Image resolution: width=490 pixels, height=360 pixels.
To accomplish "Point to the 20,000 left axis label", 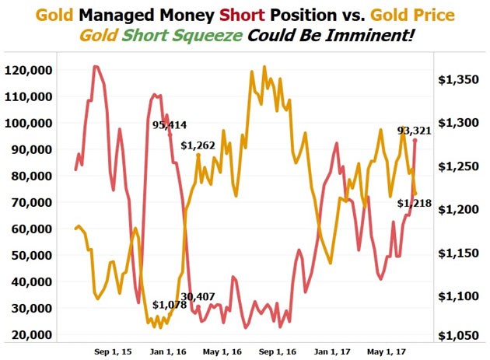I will [x=33, y=334].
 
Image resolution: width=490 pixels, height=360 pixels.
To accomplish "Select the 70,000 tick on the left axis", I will [x=33, y=202].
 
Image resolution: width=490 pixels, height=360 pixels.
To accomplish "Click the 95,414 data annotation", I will [x=169, y=125].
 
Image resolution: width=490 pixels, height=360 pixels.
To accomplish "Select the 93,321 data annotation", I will [x=414, y=131].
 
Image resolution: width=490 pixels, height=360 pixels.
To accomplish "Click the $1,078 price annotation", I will [x=169, y=304].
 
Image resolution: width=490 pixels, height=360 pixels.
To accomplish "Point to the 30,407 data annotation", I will [x=198, y=296].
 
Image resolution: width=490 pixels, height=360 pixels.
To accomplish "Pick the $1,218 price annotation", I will [x=411, y=204].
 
